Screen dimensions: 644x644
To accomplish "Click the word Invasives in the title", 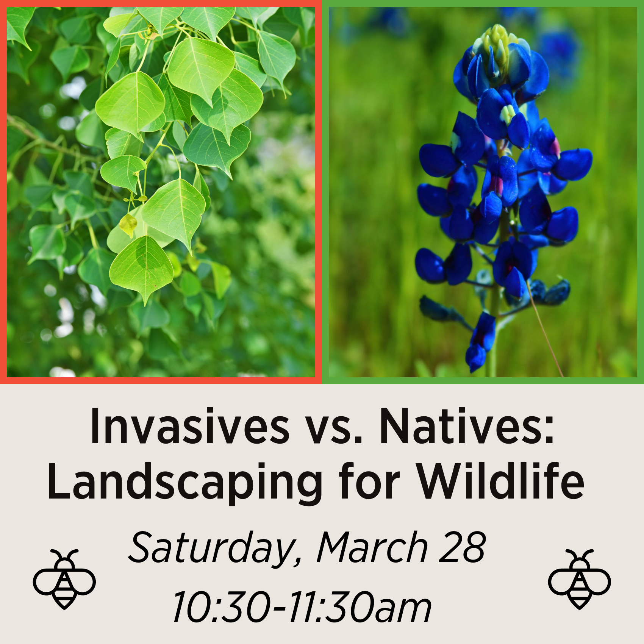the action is tap(189, 426).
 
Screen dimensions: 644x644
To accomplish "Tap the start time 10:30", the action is tap(222, 608).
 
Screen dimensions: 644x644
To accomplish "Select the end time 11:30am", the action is tap(360, 608).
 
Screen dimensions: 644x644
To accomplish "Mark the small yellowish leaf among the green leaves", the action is tap(128, 225).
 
